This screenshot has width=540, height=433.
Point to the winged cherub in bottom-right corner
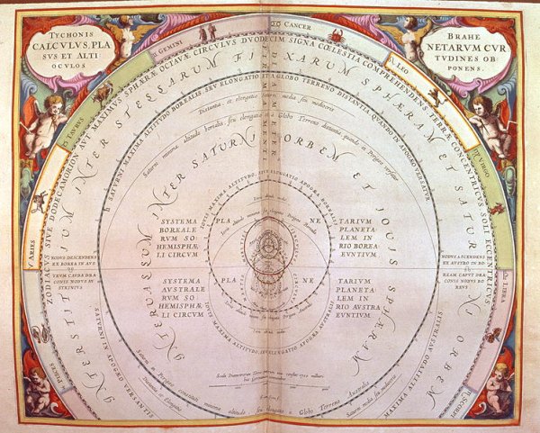[x=498, y=387]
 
